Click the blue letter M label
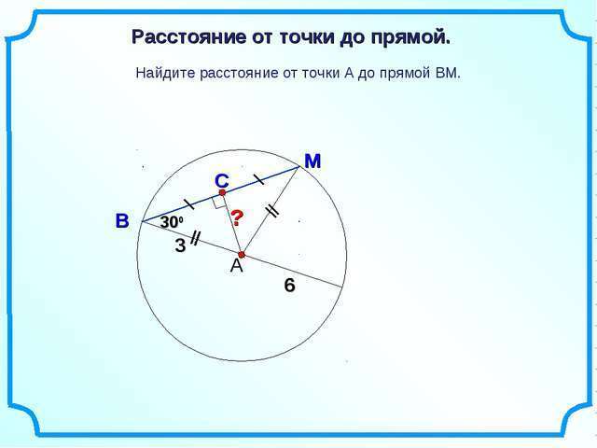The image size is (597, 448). pos(312,161)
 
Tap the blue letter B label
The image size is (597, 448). pos(122,221)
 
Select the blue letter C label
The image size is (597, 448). pos(222,181)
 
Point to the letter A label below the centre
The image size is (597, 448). pos(236,266)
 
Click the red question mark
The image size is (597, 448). pos(237,217)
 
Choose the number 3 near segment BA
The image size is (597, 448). pos(180,245)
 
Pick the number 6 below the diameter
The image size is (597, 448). pos(289,286)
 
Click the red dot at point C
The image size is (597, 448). pos(223,192)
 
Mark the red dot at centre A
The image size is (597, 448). pos(241,255)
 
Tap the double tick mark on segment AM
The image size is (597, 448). pos(272,211)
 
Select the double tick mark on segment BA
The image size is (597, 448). pos(195,238)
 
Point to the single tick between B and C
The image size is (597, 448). pos(189,204)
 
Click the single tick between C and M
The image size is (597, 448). pos(259,179)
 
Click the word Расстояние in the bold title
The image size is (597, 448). pos(188,37)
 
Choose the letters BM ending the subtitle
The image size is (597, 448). pos(448,73)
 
